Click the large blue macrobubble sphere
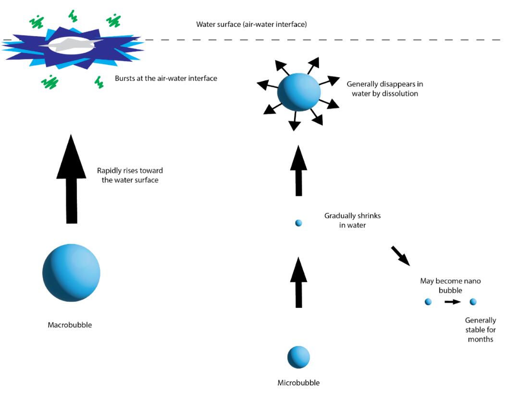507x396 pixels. click(71, 272)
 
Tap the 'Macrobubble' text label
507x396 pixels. click(70, 325)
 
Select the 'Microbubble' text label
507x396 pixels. click(298, 383)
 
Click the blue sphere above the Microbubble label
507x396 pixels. click(298, 357)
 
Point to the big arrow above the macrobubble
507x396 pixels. click(71, 180)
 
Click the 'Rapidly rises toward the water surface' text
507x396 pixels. click(130, 175)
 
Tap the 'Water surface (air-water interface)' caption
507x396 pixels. click(251, 24)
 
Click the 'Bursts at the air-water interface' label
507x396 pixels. click(166, 78)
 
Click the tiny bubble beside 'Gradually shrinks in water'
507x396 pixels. click(298, 223)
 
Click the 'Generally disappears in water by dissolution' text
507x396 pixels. click(384, 89)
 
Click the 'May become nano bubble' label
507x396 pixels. click(450, 285)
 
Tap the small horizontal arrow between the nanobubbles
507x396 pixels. click(452, 302)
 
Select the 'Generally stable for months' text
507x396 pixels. click(480, 329)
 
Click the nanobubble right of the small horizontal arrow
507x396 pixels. click(473, 302)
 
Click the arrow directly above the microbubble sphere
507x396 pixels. click(298, 283)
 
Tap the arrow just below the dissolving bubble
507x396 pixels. click(298, 171)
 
